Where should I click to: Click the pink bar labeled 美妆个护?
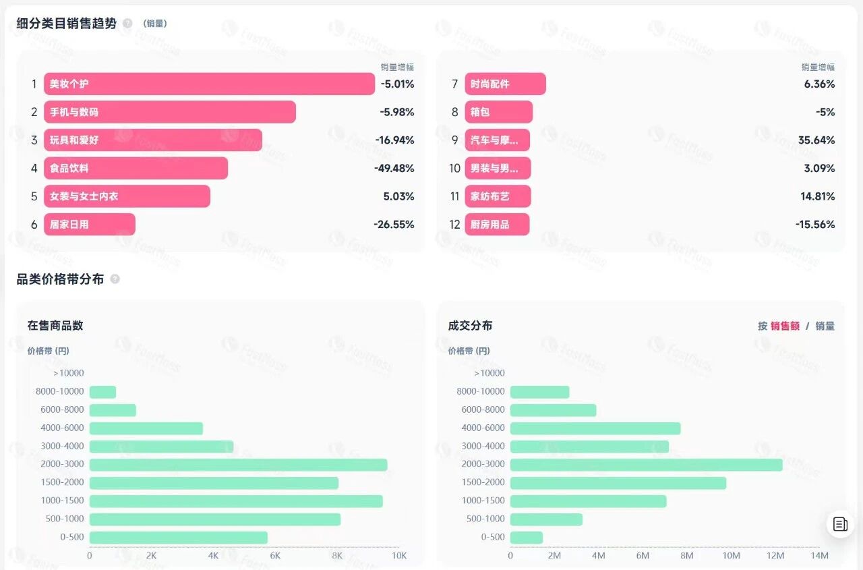[x=209, y=84]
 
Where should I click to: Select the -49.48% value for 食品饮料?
[x=394, y=169]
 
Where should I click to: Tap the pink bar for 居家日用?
[x=90, y=225]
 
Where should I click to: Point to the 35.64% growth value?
[x=816, y=140]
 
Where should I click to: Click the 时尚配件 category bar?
[x=505, y=84]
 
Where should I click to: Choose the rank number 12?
[x=454, y=225]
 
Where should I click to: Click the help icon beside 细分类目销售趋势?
[x=127, y=24]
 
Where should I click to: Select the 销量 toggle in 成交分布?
[x=825, y=326]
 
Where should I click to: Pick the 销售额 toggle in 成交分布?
[x=785, y=326]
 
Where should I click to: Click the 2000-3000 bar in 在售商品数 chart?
[x=238, y=465]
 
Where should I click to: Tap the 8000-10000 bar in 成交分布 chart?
[x=539, y=392]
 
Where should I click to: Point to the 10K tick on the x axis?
[x=399, y=556]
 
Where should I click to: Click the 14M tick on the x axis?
[x=819, y=556]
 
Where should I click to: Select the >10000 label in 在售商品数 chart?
[x=67, y=373]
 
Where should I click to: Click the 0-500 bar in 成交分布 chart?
[x=526, y=538]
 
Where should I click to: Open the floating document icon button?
[x=840, y=524]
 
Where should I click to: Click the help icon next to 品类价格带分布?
[x=115, y=279]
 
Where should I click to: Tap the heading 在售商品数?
[x=55, y=325]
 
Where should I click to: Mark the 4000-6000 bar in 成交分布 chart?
[x=595, y=428]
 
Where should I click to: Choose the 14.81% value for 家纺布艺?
[x=819, y=197]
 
